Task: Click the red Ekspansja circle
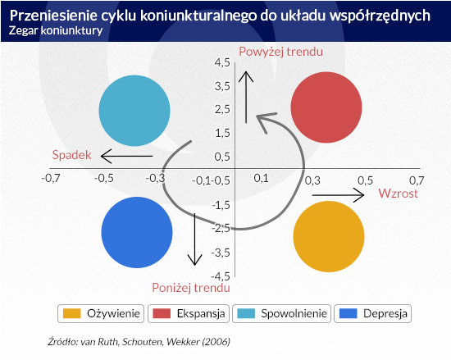326,107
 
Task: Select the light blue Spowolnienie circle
134,111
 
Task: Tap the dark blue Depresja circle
137,232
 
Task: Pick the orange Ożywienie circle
329,236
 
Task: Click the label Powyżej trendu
281,52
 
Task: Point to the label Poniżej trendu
191,288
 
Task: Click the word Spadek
71,155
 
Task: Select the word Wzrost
398,194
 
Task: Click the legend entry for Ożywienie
101,313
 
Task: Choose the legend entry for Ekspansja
189,313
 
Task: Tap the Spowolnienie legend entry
281,313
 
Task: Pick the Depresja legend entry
372,313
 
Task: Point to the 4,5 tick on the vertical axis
222,62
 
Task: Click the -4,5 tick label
221,276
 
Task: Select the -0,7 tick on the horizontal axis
51,178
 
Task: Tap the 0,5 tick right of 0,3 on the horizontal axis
365,180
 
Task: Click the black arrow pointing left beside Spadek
126,156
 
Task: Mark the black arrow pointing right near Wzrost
338,195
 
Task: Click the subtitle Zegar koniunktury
56,30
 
